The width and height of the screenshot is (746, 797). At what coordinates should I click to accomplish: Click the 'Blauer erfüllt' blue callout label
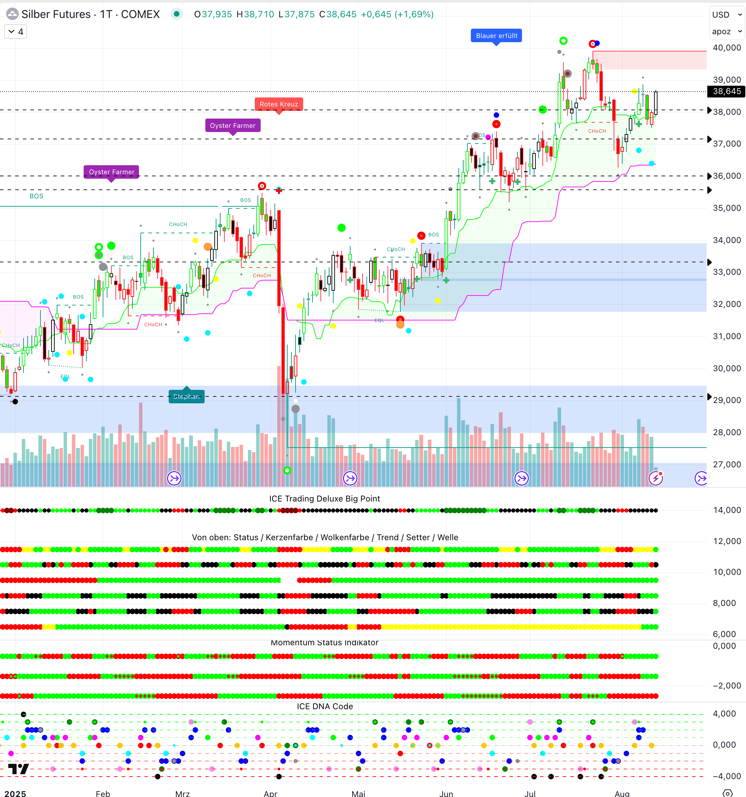click(496, 36)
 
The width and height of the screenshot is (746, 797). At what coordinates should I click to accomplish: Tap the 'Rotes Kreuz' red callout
click(279, 104)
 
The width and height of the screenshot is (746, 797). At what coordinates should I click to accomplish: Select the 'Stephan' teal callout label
click(187, 396)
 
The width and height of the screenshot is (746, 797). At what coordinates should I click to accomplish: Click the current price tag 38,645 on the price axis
click(726, 91)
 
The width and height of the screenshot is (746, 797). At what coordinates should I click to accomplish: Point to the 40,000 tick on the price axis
click(726, 48)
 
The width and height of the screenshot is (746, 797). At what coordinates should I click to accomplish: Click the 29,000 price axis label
click(726, 400)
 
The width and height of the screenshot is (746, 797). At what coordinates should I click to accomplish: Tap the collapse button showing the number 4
click(16, 32)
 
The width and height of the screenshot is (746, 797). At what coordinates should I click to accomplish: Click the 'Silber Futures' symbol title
click(56, 15)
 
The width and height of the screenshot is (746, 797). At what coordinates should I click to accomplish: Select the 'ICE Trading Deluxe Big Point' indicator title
click(325, 498)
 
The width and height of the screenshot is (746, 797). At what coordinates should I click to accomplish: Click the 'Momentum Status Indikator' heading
click(325, 643)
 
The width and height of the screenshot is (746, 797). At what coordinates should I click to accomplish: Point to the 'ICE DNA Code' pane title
click(325, 706)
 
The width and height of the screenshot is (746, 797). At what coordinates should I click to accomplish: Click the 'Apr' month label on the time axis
click(271, 793)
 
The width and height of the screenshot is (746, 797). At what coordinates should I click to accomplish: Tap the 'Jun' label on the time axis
click(446, 793)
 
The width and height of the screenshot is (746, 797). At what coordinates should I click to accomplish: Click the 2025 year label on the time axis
click(15, 793)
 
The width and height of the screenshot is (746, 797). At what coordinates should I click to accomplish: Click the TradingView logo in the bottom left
click(18, 769)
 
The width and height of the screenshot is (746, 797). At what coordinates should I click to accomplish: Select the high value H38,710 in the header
click(255, 15)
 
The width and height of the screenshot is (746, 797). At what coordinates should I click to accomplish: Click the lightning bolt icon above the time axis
click(656, 478)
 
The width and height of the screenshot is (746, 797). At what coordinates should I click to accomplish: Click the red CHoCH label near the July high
click(597, 131)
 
